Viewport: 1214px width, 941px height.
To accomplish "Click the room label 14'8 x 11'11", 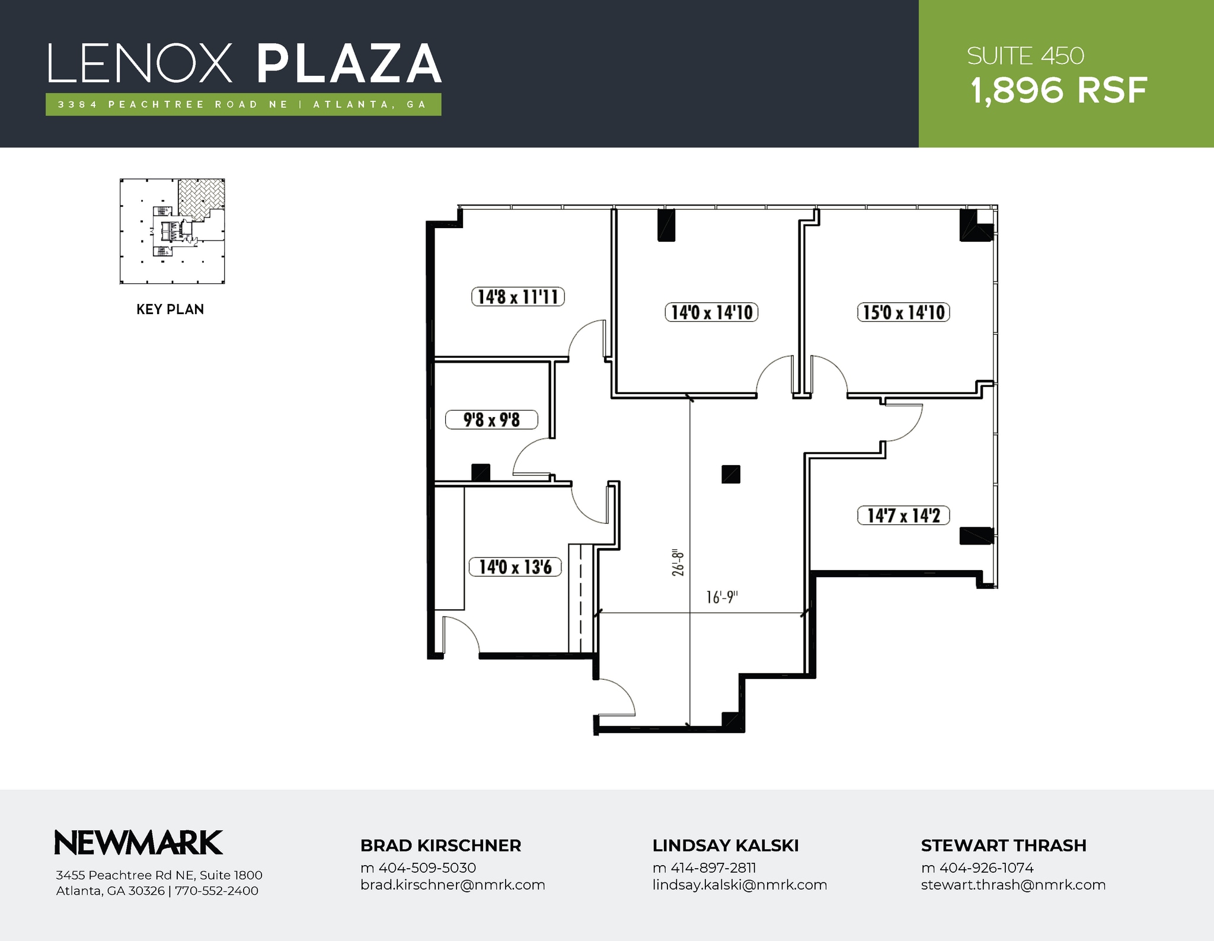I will click(517, 296).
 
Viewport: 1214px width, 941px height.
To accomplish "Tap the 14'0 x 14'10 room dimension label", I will click(711, 312).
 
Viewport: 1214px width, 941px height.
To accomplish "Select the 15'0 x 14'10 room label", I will click(903, 312).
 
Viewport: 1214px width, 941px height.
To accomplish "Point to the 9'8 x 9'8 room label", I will click(491, 420).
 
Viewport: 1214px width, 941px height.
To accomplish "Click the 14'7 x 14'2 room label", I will click(903, 516).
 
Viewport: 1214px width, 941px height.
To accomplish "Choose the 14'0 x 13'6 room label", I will click(515, 567).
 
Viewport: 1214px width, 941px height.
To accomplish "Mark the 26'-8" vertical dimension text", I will click(679, 563).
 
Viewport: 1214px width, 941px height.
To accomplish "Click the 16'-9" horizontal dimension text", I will click(721, 597).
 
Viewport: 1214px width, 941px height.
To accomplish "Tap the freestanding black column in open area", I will click(730, 474).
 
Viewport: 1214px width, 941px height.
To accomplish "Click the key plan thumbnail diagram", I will click(172, 231).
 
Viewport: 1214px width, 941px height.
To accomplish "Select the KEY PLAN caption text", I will click(170, 309).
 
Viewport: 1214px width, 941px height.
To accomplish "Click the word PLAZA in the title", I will click(349, 64).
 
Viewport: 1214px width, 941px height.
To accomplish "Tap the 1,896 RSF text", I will click(1059, 91).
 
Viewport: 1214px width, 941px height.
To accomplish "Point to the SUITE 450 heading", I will click(1025, 56).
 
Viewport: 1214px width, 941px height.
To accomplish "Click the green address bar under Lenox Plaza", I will click(243, 104).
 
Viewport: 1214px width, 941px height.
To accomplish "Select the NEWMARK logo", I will click(139, 843).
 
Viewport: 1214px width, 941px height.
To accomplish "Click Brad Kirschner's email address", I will click(452, 885).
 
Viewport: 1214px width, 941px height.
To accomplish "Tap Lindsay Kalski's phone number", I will click(704, 868).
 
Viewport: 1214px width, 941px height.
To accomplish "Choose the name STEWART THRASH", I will click(1003, 846).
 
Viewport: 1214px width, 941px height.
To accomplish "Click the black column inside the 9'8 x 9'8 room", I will click(480, 472).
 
